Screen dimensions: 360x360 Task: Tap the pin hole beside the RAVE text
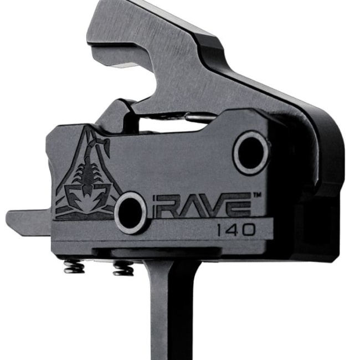tap(131, 212)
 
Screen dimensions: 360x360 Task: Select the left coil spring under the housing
tap(74, 267)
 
